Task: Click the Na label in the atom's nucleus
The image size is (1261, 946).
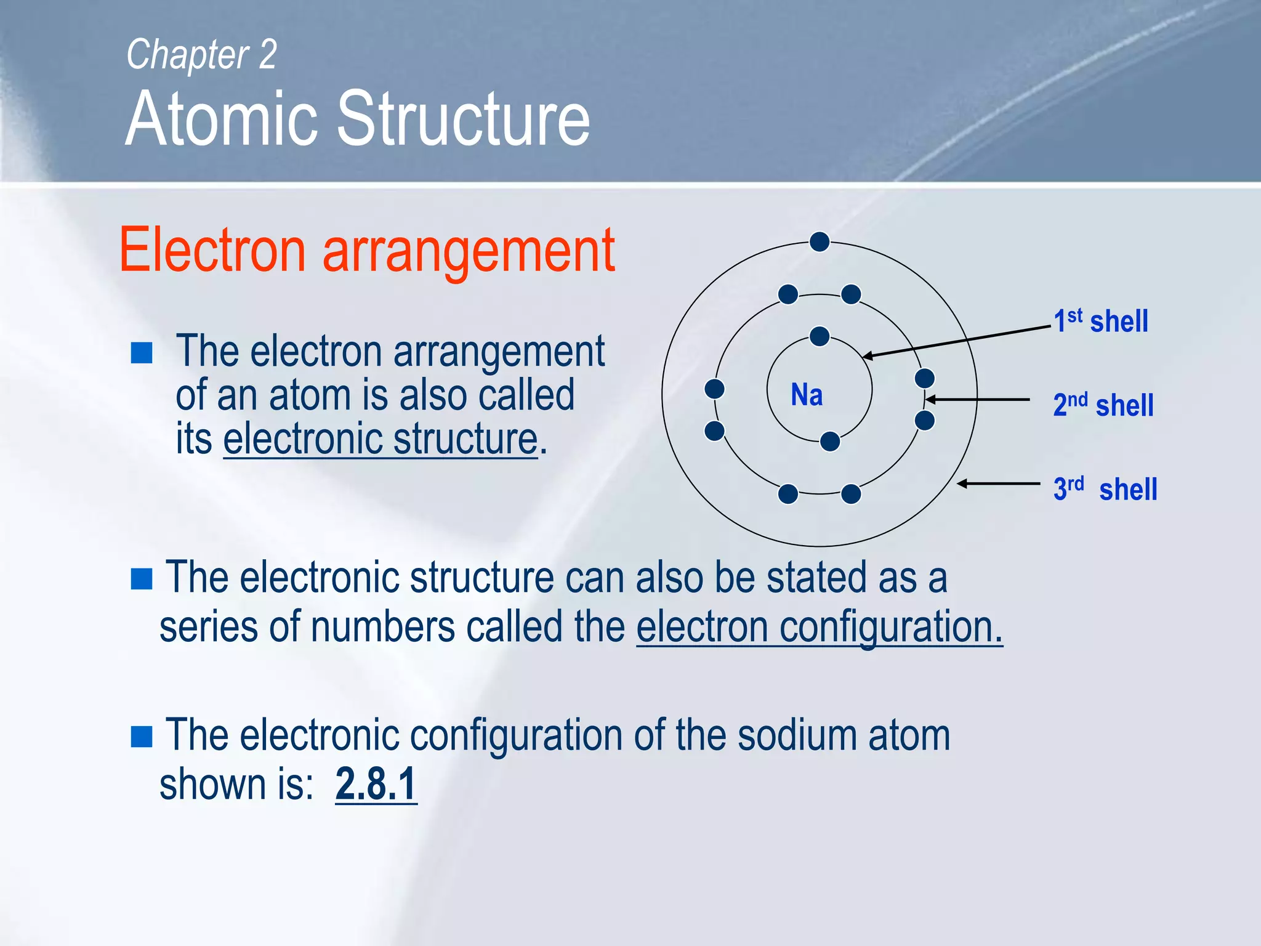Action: (x=807, y=395)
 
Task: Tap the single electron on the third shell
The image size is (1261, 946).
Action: (x=820, y=242)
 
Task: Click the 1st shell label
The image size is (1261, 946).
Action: (x=1101, y=321)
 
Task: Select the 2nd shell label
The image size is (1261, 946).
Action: (x=1103, y=405)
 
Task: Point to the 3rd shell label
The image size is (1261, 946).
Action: (x=1105, y=489)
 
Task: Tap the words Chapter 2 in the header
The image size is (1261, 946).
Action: (x=201, y=54)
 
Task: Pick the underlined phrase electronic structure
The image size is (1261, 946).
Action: (x=381, y=439)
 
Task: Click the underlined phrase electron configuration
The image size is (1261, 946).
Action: (x=819, y=626)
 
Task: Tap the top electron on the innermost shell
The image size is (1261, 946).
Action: (x=820, y=337)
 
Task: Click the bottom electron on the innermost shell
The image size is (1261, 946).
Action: (x=830, y=441)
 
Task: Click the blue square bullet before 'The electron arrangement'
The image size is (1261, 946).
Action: (x=142, y=353)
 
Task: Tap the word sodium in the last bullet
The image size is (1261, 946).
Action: (x=797, y=735)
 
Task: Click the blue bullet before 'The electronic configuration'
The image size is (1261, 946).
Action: (x=142, y=736)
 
